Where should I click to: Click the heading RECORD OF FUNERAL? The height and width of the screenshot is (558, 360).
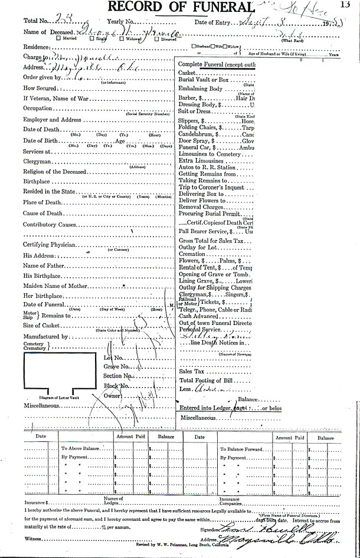tap(180, 8)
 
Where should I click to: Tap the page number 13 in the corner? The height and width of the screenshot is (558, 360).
tap(352, 5)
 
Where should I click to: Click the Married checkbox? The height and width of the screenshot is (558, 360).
tap(58, 38)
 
